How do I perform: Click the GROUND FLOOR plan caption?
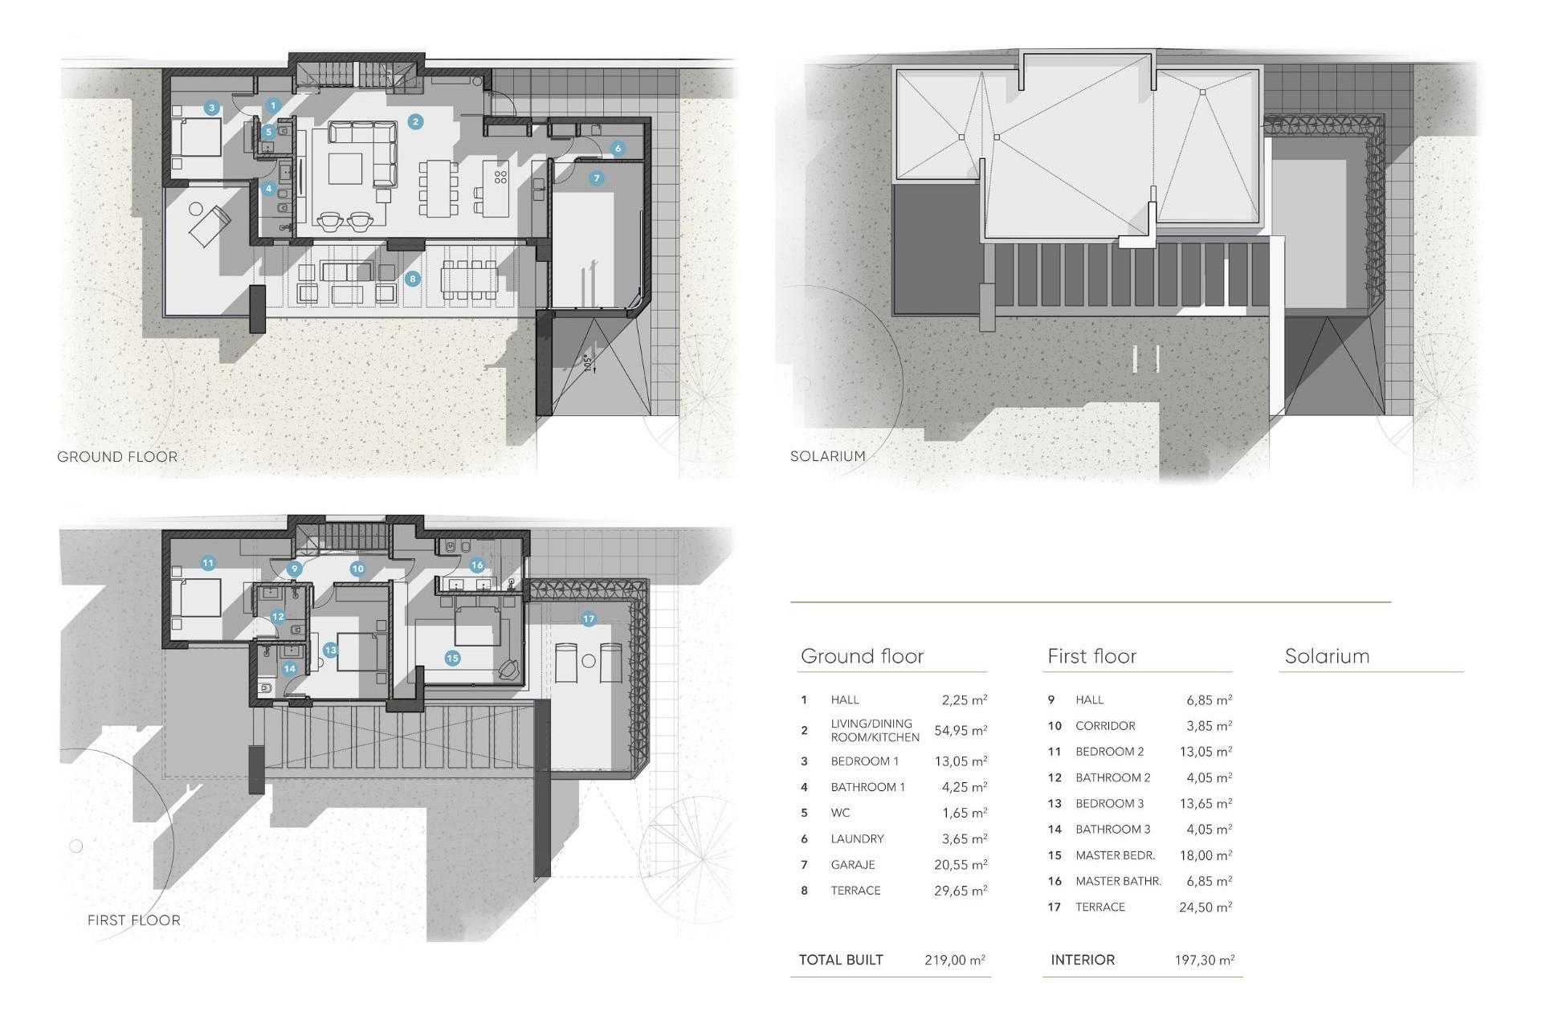(x=117, y=457)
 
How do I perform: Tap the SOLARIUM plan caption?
(x=827, y=456)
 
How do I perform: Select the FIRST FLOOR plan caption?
(x=134, y=920)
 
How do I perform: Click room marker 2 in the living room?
(x=415, y=122)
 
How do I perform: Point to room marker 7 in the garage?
(x=596, y=178)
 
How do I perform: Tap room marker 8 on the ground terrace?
(x=413, y=279)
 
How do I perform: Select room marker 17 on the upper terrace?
(x=589, y=618)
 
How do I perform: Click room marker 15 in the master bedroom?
(x=452, y=658)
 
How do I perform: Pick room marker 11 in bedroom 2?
(x=208, y=563)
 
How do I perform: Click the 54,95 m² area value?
(x=960, y=731)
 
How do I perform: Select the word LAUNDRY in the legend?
(x=857, y=838)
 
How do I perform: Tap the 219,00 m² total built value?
(x=954, y=960)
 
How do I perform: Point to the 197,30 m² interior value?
(x=1204, y=960)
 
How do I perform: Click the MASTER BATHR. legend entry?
(x=1118, y=881)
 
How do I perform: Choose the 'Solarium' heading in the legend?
(x=1327, y=656)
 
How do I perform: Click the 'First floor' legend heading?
(x=1091, y=656)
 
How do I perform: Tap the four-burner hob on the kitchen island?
(x=500, y=177)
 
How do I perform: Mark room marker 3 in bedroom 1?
(x=212, y=108)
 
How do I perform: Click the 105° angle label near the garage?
(x=588, y=363)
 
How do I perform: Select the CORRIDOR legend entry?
(x=1105, y=726)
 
